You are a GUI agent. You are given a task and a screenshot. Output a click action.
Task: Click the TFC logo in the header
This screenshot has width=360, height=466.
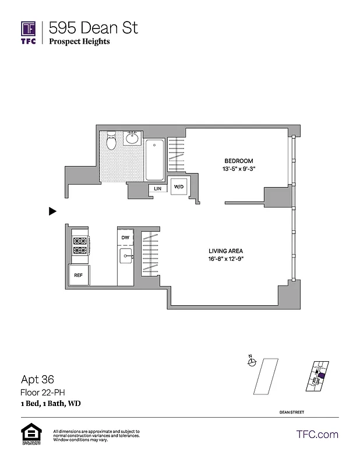click(x=28, y=32)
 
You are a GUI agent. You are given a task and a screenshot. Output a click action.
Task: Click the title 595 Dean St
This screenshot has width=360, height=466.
click(x=93, y=27)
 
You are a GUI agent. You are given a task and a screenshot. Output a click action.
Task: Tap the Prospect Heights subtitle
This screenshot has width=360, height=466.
click(x=79, y=41)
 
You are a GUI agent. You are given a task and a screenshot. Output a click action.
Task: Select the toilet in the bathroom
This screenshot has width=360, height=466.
click(x=112, y=140)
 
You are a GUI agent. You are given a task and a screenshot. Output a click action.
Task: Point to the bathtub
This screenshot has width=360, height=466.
click(x=155, y=160)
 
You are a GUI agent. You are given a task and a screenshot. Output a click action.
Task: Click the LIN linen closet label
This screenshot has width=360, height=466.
click(x=157, y=188)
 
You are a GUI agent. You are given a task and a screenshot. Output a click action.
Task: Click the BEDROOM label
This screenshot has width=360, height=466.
click(x=239, y=161)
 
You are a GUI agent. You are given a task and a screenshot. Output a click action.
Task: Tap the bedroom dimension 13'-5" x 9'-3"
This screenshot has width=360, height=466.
click(x=239, y=169)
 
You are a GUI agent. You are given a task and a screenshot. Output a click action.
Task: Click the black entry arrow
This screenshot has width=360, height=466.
click(x=52, y=211)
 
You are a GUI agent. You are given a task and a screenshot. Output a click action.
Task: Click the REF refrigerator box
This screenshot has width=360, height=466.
click(x=79, y=276)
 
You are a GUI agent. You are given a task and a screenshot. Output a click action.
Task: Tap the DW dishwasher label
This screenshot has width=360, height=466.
click(x=125, y=238)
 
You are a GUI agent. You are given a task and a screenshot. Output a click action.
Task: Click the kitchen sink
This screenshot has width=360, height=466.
click(x=125, y=257)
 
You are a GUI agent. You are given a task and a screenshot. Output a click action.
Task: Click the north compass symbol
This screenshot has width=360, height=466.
click(x=252, y=362)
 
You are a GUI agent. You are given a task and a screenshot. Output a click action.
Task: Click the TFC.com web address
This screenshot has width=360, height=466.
click(x=317, y=435)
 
